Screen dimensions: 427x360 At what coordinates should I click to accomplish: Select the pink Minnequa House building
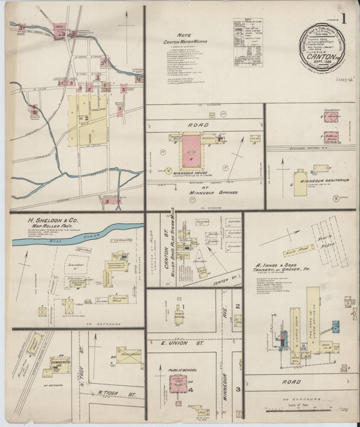point(192,149)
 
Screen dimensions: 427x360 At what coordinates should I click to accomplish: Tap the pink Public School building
point(182,386)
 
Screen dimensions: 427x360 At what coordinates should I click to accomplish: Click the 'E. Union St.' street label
point(178,343)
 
